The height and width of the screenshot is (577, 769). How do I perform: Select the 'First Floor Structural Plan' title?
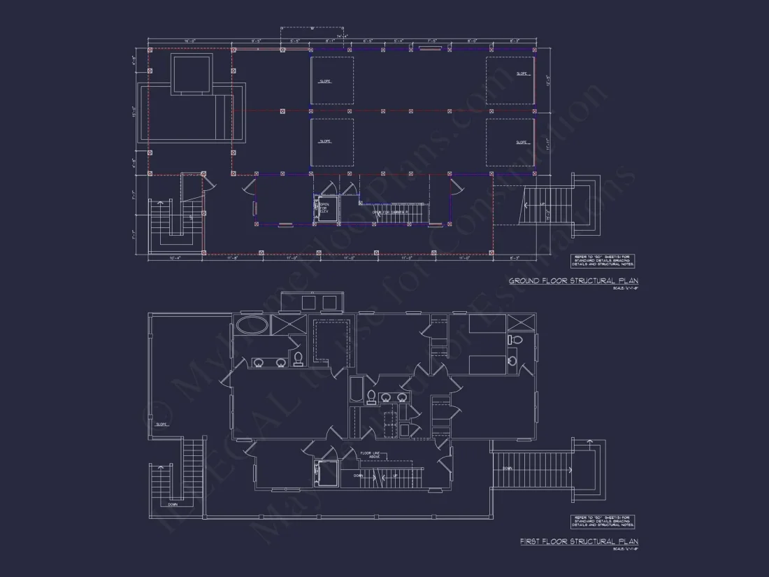579,541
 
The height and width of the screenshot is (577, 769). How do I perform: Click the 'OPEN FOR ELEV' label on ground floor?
324,208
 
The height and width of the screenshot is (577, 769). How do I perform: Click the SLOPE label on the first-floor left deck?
161,424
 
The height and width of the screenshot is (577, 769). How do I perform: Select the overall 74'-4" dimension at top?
342,36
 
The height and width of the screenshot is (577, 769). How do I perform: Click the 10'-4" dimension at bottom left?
175,258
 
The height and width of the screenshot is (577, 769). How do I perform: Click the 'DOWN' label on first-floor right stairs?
508,469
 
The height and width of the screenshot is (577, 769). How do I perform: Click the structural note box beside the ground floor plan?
602,261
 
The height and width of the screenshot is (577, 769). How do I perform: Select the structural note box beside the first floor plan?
602,521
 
